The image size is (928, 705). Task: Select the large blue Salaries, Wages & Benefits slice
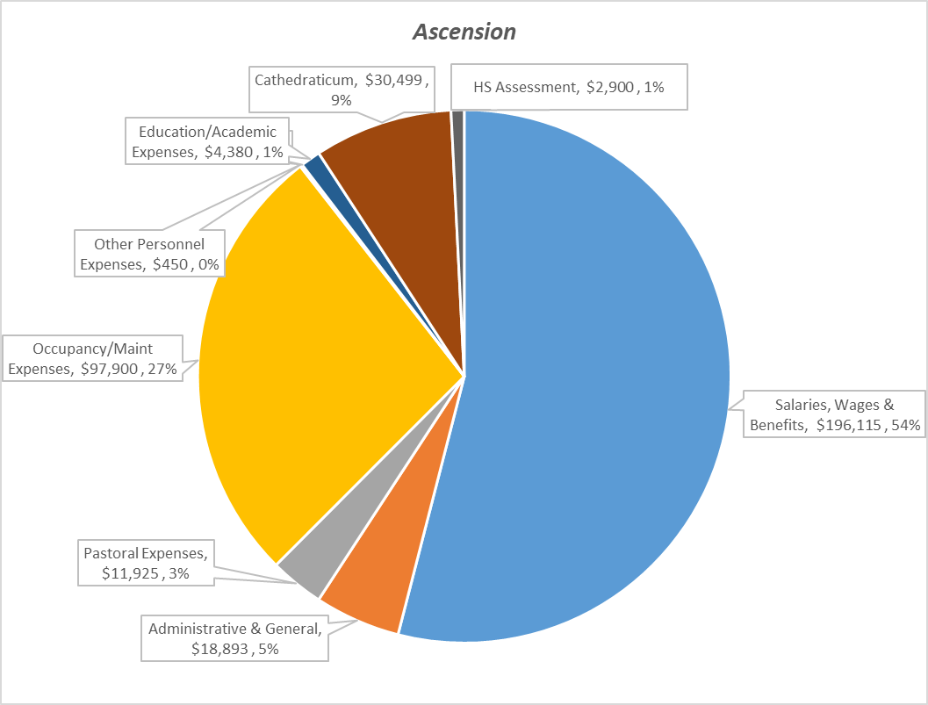click(597, 369)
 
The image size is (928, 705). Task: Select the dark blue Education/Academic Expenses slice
click(314, 165)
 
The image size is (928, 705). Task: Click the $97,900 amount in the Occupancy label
click(111, 370)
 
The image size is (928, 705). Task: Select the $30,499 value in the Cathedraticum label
click(396, 80)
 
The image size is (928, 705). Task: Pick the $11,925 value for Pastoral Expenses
click(129, 575)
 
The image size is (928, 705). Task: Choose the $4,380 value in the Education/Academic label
click(230, 152)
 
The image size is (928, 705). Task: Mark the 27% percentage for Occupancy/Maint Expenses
click(163, 370)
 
